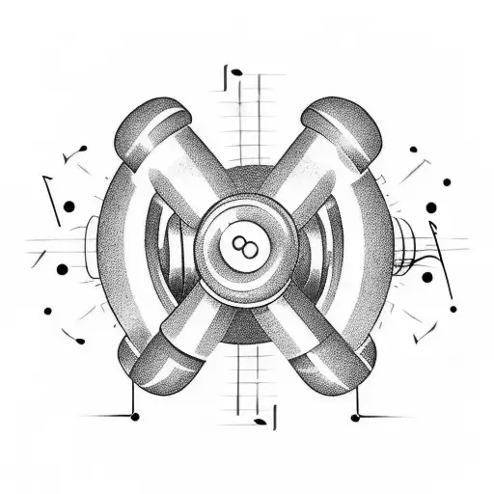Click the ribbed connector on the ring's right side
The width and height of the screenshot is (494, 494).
[x=405, y=246]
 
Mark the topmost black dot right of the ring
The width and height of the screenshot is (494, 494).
[x=413, y=151]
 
